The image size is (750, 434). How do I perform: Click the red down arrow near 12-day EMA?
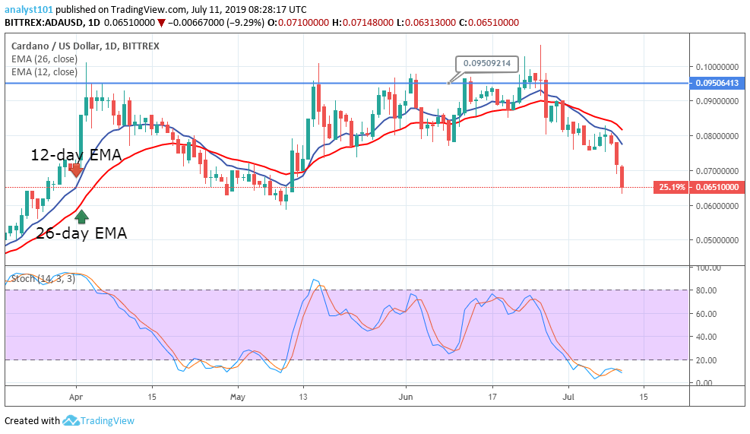[75, 170]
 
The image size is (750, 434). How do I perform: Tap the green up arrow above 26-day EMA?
[82, 217]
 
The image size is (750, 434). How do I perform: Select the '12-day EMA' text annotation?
[76, 155]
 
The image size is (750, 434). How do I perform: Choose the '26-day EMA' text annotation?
[81, 233]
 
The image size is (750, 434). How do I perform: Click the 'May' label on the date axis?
[238, 397]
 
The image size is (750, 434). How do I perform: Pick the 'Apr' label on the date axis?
[75, 397]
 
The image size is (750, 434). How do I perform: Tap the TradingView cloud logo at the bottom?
[72, 420]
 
